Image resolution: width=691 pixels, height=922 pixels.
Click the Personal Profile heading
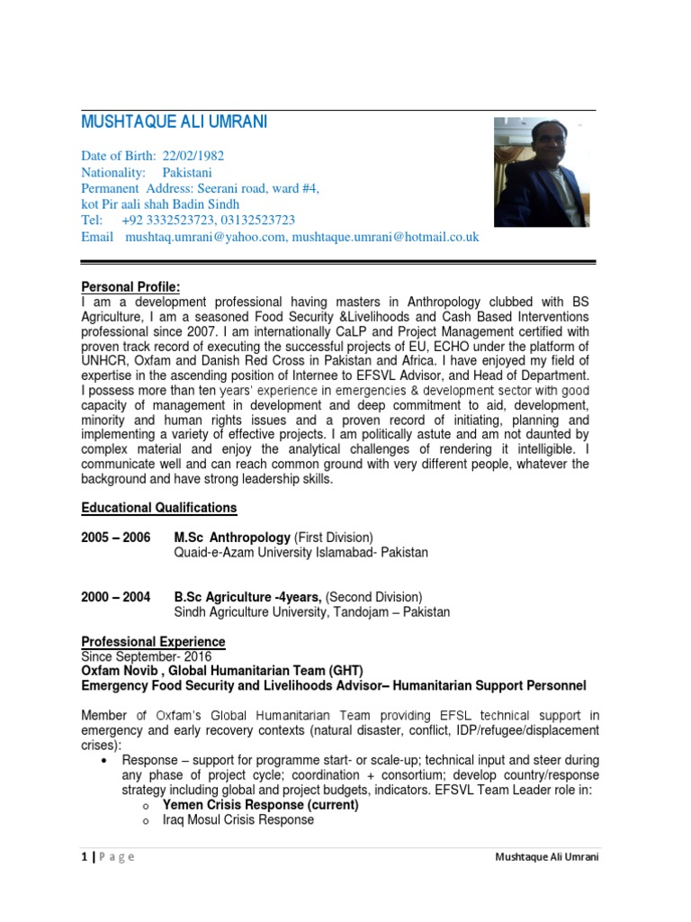[130, 286]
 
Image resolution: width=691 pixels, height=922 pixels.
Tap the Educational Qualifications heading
[159, 508]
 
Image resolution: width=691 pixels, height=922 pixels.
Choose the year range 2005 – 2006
[116, 538]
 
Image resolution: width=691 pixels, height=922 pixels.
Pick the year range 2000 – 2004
[116, 597]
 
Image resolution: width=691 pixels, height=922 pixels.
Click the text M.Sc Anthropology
[232, 538]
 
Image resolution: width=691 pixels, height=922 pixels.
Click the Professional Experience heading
[153, 642]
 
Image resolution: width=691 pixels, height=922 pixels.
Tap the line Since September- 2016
[146, 656]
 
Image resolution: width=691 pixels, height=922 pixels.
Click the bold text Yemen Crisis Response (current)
[260, 805]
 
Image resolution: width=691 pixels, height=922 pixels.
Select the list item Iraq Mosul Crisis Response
[238, 820]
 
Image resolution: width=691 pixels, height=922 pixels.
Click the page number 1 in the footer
[84, 856]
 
